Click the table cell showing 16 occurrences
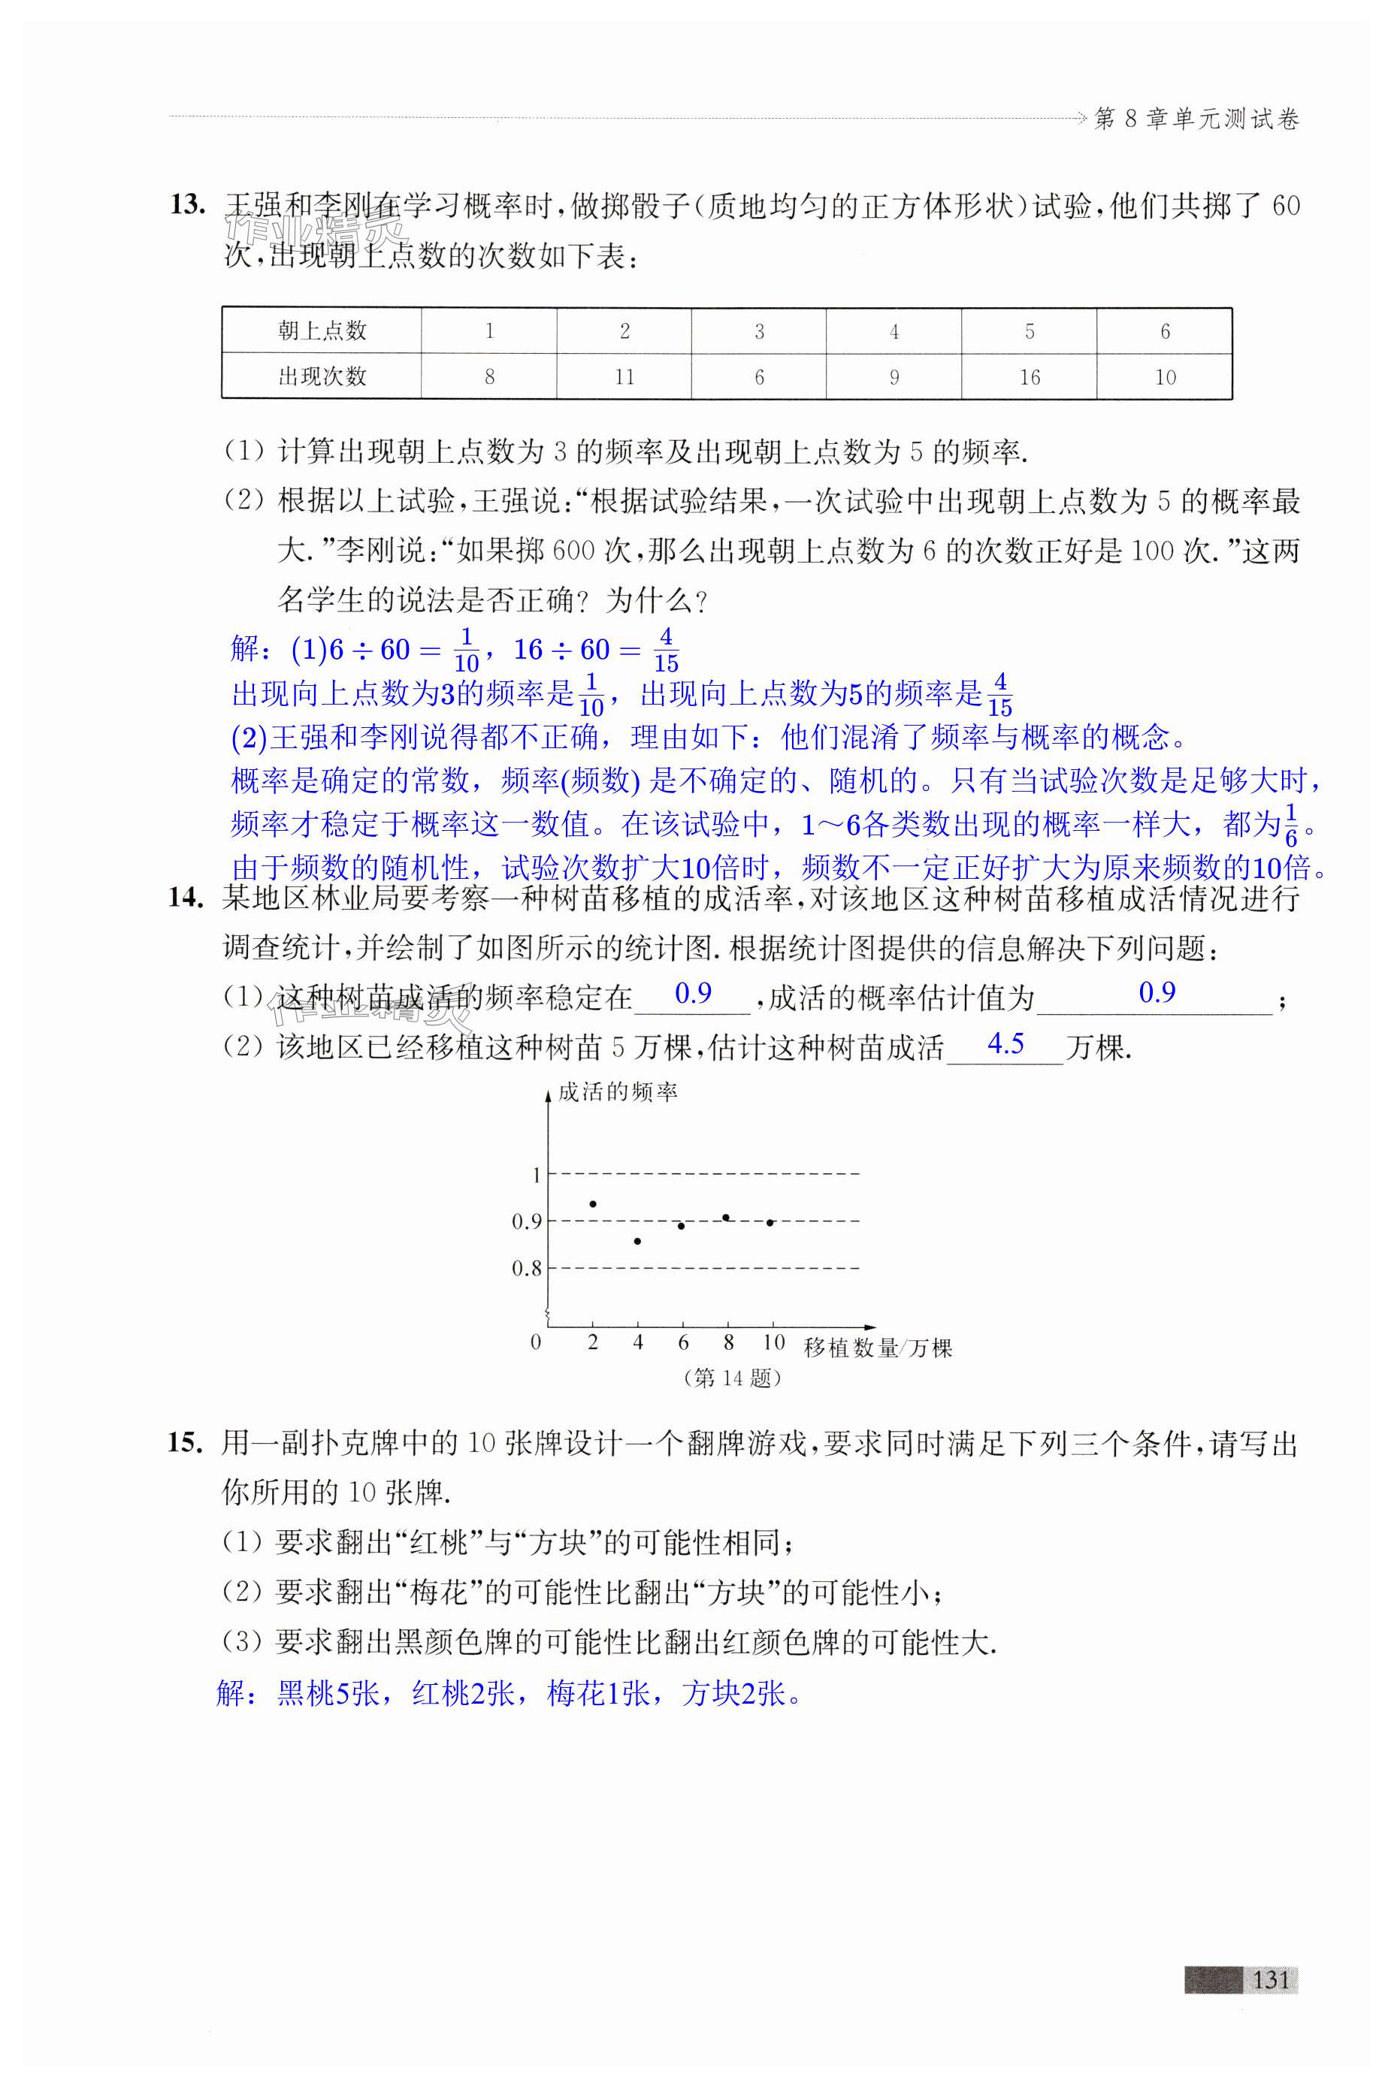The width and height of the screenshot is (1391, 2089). pyautogui.click(x=1029, y=377)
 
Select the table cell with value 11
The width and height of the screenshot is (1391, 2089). pyautogui.click(x=624, y=377)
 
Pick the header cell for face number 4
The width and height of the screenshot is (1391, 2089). pyautogui.click(x=894, y=331)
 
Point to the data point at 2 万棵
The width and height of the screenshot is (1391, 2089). pyautogui.click(x=593, y=1203)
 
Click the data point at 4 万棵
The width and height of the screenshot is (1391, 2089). pyautogui.click(x=638, y=1242)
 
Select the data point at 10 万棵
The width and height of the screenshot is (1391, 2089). pyautogui.click(x=770, y=1223)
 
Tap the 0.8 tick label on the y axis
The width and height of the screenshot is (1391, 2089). pyautogui.click(x=526, y=1269)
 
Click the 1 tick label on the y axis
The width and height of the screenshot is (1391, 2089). pyautogui.click(x=536, y=1175)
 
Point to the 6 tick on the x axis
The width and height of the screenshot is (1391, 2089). pyautogui.click(x=683, y=1342)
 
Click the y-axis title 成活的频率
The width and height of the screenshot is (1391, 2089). pyautogui.click(x=618, y=1092)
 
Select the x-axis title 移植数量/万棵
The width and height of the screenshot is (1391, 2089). pyautogui.click(x=876, y=1348)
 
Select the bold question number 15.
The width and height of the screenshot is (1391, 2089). pyautogui.click(x=186, y=1444)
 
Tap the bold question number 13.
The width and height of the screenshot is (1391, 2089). pyautogui.click(x=187, y=206)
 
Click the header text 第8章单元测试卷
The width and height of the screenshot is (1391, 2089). pyautogui.click(x=1196, y=119)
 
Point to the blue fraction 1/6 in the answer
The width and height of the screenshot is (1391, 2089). pyautogui.click(x=1291, y=826)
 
